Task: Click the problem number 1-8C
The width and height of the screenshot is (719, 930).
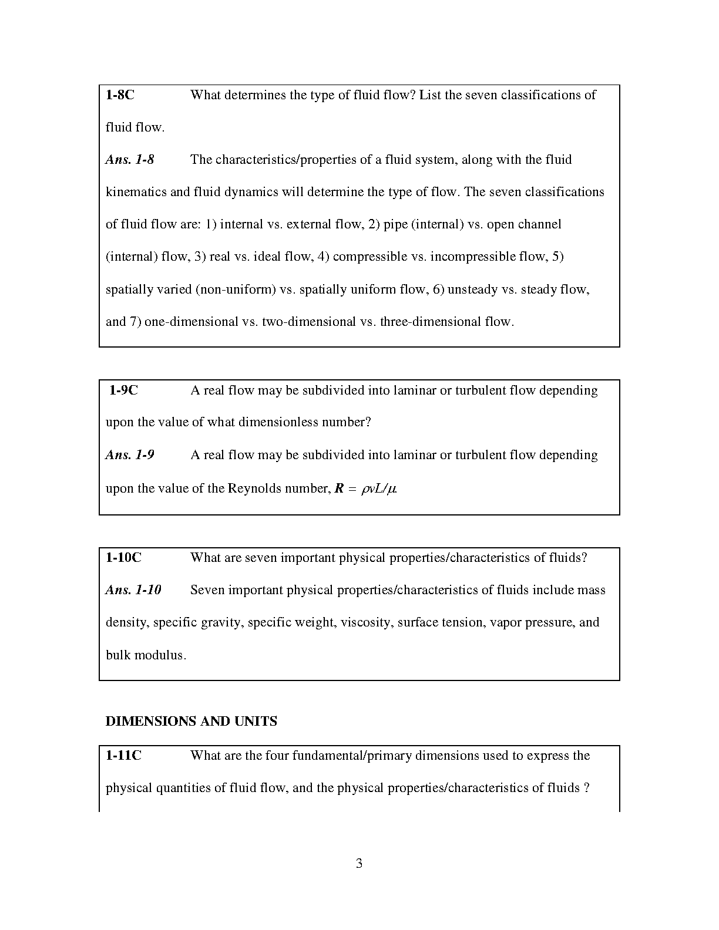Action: pos(120,95)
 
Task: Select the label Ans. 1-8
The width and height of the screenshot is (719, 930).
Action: pos(130,160)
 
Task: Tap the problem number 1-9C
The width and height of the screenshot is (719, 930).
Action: pos(123,390)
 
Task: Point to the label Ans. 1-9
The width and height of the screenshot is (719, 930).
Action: pos(130,455)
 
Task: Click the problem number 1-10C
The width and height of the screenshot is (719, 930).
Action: pos(123,558)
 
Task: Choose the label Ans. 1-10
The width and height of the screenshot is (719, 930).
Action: pos(133,590)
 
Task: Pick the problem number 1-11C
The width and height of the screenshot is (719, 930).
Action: pos(123,756)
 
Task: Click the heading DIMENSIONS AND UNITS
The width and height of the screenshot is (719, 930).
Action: pos(191,722)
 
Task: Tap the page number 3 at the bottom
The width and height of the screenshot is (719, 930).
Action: pos(359,864)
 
